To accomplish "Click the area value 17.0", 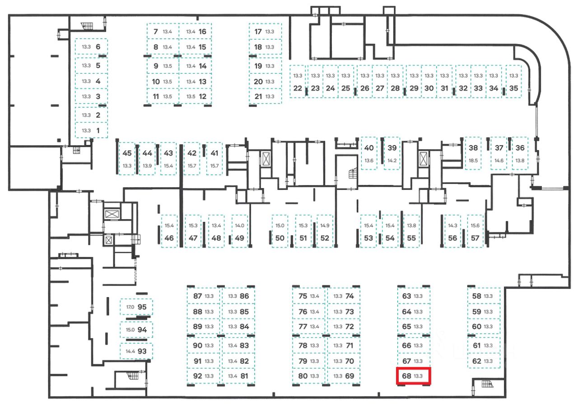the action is coord(130,307).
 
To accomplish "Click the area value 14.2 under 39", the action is coord(392,161).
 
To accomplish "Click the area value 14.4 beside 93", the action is coord(130,351).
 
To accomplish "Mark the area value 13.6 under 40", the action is coord(369,161).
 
